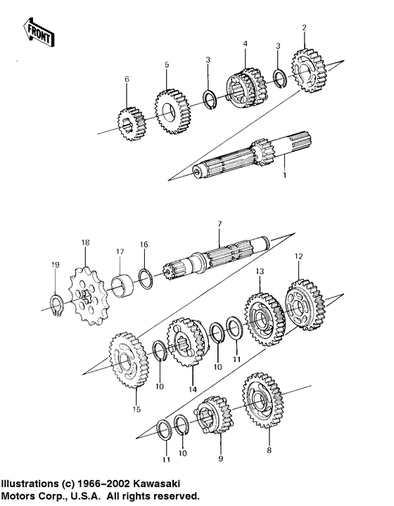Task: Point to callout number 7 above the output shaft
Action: [x=219, y=223]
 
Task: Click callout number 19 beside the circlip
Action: [x=55, y=264]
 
